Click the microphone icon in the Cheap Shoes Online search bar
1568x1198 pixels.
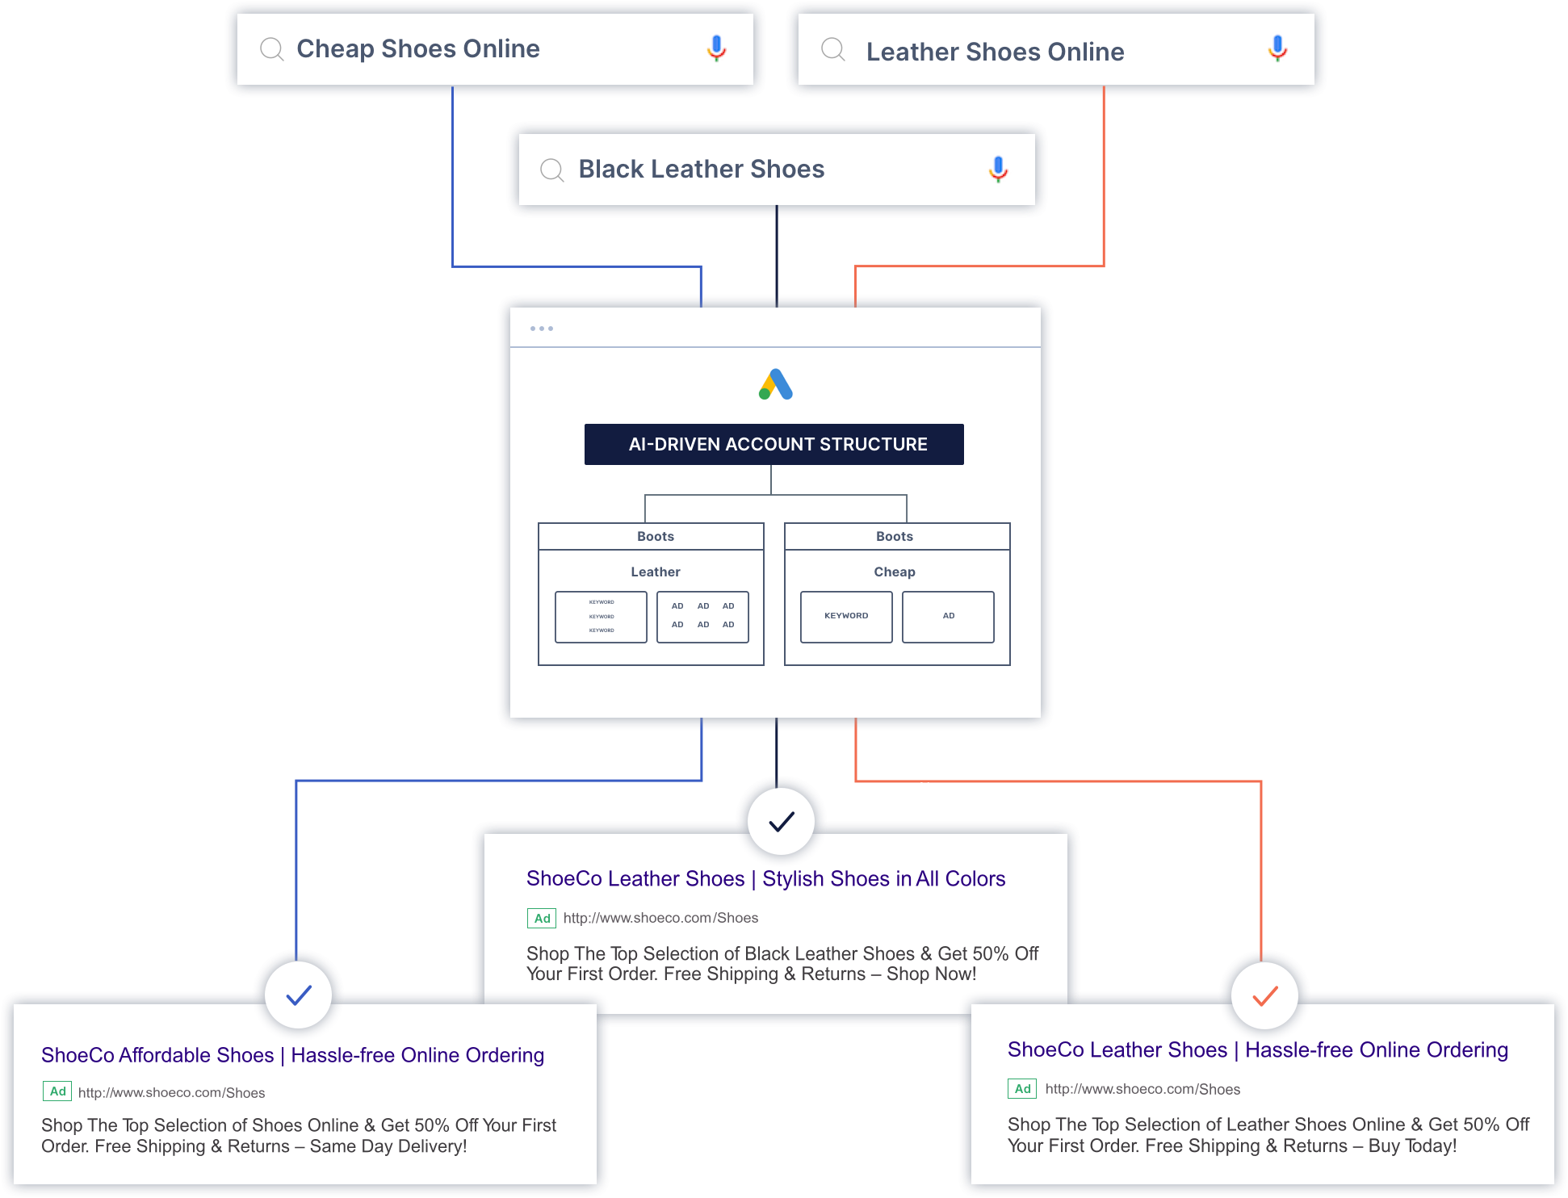tap(716, 48)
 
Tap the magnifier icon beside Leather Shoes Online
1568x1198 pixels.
tap(832, 50)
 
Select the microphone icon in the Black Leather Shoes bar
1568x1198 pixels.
tap(998, 169)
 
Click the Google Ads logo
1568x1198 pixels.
tap(776, 384)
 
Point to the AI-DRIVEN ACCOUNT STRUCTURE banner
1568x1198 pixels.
tap(774, 444)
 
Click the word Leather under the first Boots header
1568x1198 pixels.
tap(655, 572)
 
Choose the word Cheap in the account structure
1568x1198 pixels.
tap(894, 572)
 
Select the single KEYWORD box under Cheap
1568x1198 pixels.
tap(846, 617)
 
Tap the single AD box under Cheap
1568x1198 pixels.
tap(948, 617)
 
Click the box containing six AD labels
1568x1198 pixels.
tap(702, 617)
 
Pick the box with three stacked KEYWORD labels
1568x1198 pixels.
tap(601, 617)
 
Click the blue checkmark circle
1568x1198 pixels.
tap(299, 995)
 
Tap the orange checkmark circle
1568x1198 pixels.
tap(1264, 995)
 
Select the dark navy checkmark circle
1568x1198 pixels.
tap(781, 821)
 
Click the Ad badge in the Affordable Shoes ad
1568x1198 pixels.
tap(57, 1091)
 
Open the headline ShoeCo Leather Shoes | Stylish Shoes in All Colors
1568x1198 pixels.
tap(765, 878)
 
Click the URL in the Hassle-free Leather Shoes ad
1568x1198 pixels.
tap(1142, 1089)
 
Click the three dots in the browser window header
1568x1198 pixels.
tap(542, 329)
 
